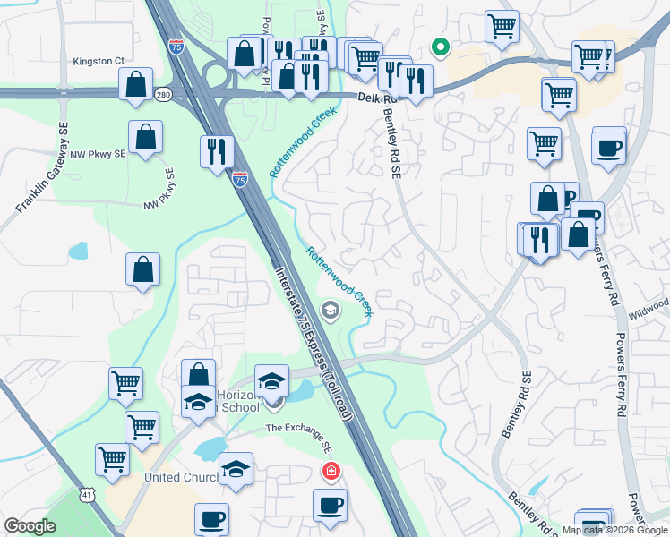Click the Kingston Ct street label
99,61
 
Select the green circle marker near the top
440,47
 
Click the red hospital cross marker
331,470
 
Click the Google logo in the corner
30,526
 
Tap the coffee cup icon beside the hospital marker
330,505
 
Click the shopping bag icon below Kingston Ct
134,85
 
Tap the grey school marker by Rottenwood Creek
331,311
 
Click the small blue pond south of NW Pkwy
78,251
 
